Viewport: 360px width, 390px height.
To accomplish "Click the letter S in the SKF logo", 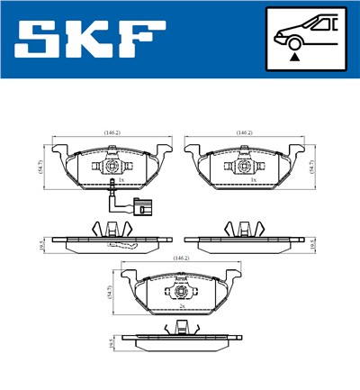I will point(40,41).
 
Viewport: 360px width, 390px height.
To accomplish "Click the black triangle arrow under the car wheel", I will point(293,56).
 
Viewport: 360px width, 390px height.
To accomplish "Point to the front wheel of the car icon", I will point(293,41).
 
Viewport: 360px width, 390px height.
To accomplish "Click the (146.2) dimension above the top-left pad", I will point(112,132).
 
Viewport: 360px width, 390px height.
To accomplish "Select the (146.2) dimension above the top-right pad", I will point(244,132).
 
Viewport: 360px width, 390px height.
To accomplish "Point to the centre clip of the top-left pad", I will point(112,166).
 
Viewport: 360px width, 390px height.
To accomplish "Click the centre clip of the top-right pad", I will point(244,166).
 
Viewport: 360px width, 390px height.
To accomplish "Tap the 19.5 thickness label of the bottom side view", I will point(111,342).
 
